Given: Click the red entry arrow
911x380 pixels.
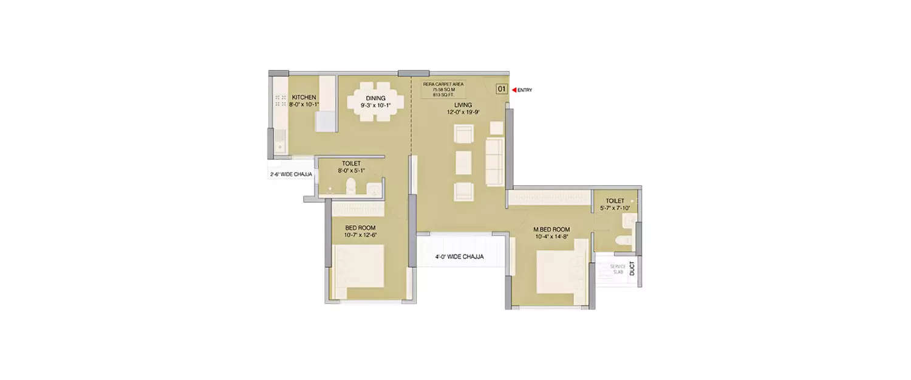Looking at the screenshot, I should pyautogui.click(x=514, y=90).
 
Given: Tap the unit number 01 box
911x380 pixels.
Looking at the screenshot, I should pyautogui.click(x=502, y=89).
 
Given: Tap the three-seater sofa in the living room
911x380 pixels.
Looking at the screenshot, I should pyautogui.click(x=494, y=161).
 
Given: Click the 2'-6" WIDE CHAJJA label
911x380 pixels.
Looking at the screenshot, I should pyautogui.click(x=291, y=174).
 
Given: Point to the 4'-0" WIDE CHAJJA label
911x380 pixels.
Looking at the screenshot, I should pyautogui.click(x=459, y=257).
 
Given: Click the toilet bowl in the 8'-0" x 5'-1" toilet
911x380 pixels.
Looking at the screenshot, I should pyautogui.click(x=350, y=186).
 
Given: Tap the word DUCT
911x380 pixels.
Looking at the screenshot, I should pyautogui.click(x=632, y=269).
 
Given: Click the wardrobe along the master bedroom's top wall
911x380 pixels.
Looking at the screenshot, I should pyautogui.click(x=550, y=198).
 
